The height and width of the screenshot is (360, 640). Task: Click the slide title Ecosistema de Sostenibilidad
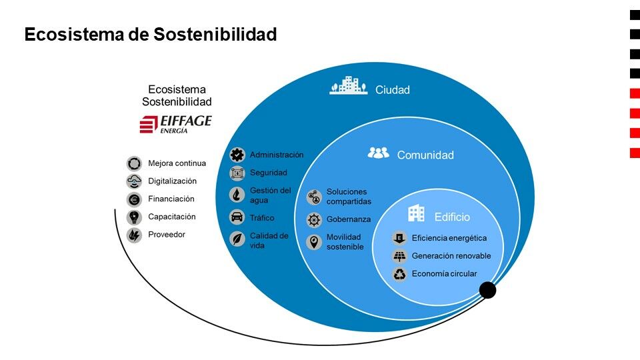point(151,34)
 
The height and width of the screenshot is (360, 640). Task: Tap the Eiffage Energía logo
point(175,124)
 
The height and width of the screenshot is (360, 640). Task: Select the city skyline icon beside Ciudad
point(348,85)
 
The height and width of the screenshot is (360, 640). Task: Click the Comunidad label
point(425,155)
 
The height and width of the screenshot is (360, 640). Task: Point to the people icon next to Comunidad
point(379,153)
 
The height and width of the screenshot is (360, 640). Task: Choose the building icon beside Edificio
point(416,213)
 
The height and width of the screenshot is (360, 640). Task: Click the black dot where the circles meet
point(487,290)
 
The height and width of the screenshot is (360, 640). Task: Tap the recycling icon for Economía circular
point(399,274)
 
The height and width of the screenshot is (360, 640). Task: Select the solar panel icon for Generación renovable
point(399,256)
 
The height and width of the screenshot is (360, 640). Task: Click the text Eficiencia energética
point(449,238)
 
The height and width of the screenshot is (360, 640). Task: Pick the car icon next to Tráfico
point(237,217)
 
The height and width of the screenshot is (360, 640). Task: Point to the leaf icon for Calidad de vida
point(237,239)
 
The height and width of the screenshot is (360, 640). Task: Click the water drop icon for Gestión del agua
point(237,195)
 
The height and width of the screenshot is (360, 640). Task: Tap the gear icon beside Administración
point(237,155)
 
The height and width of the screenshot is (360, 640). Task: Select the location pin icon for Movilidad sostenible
point(314,242)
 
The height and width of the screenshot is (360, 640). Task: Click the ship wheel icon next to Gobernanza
point(314,219)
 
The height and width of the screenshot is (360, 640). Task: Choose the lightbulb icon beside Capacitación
point(134,217)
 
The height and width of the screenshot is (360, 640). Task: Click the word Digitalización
point(172,181)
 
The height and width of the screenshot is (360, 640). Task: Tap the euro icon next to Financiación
point(134,199)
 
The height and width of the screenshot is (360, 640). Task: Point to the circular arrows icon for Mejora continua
point(134,164)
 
